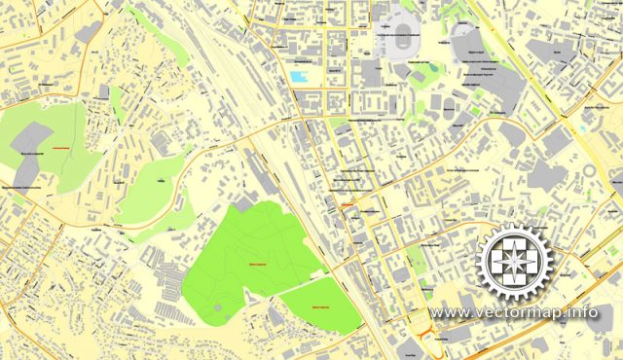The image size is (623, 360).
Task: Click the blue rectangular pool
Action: (x=298, y=76)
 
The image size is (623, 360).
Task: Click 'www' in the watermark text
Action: (x=449, y=313)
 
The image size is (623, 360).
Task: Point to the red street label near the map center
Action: (x=347, y=205)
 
